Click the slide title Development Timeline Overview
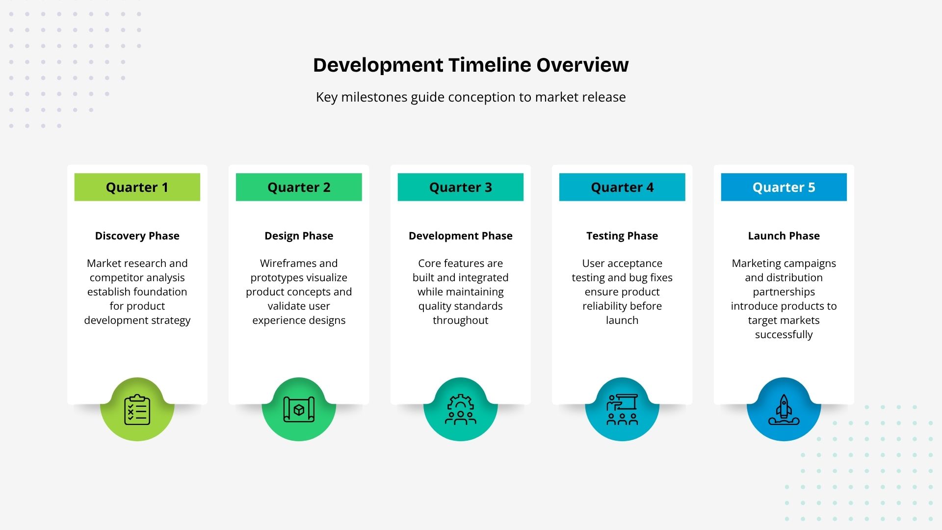click(471, 65)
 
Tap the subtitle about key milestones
click(471, 97)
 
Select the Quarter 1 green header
click(137, 187)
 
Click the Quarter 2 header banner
click(299, 187)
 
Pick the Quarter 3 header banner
click(461, 187)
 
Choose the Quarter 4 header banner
click(622, 187)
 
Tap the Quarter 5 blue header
click(784, 187)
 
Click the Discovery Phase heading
click(137, 236)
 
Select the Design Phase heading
click(299, 236)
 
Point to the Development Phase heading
click(461, 236)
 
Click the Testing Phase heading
click(622, 236)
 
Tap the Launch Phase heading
click(784, 236)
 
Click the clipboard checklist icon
click(137, 409)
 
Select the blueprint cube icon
click(299, 409)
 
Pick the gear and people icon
click(461, 409)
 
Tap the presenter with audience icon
click(622, 409)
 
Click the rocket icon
click(784, 409)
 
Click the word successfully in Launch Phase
click(784, 335)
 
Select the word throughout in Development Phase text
click(461, 320)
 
